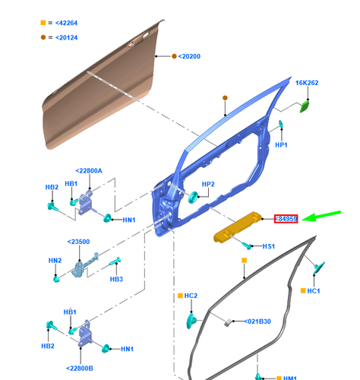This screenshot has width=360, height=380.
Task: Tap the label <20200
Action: pyautogui.click(x=190, y=55)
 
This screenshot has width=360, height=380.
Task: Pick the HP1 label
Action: pyautogui.click(x=281, y=144)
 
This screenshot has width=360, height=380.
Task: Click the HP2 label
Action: pyautogui.click(x=208, y=185)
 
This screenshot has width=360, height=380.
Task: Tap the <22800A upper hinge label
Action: pyautogui.click(x=89, y=171)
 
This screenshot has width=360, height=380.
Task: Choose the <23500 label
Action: pyautogui.click(x=78, y=242)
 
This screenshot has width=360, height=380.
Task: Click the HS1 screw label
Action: pyautogui.click(x=269, y=248)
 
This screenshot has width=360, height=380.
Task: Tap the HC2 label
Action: pyautogui.click(x=191, y=295)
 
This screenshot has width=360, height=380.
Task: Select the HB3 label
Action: pyautogui.click(x=116, y=279)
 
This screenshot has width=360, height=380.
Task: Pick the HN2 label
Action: pyautogui.click(x=55, y=261)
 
